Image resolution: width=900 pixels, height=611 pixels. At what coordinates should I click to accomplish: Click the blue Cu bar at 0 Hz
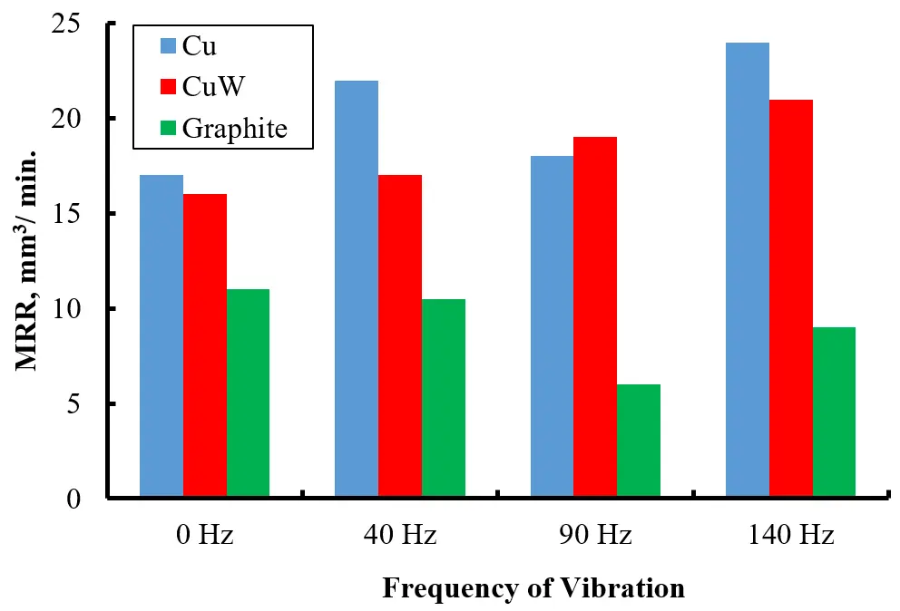[x=161, y=336]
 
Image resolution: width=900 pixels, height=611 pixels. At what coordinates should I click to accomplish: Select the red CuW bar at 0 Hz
[x=204, y=345]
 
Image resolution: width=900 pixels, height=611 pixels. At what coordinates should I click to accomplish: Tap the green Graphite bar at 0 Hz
[x=248, y=393]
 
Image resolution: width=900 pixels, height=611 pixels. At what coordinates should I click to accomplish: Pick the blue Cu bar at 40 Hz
[x=357, y=289]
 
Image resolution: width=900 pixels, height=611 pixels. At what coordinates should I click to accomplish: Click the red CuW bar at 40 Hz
[x=400, y=336]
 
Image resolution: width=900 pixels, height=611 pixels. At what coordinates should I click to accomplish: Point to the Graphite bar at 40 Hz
[x=444, y=398]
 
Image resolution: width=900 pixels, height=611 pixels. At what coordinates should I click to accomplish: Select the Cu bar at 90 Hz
[x=552, y=327]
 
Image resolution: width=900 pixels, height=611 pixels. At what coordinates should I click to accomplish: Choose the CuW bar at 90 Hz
[x=595, y=317]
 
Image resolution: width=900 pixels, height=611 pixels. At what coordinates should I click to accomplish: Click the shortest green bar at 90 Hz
[x=639, y=441]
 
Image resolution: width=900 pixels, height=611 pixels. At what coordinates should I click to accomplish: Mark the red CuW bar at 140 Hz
[x=791, y=298]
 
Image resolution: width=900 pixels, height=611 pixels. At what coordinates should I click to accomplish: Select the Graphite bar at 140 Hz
[x=835, y=412]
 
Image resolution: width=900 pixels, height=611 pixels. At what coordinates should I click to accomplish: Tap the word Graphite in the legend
[x=235, y=129]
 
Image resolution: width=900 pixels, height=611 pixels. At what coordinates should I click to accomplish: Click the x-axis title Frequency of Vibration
[x=533, y=588]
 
